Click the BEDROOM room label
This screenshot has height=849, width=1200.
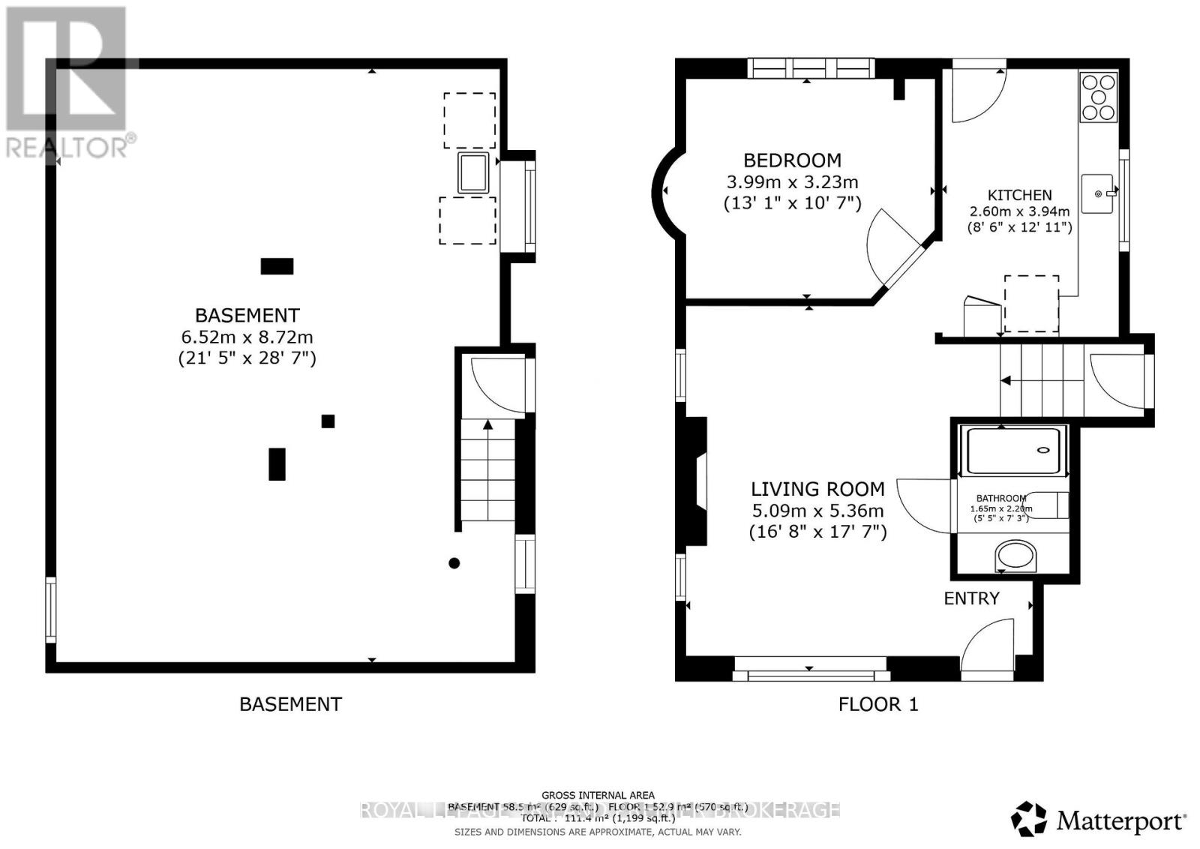tap(792, 160)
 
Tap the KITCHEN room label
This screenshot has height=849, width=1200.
tap(1019, 195)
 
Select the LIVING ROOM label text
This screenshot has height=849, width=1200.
tap(817, 489)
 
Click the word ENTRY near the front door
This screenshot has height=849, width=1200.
tap(971, 598)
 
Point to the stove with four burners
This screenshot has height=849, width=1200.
tap(1099, 97)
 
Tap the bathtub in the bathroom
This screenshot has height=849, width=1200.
tap(1012, 451)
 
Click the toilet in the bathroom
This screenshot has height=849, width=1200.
tap(1050, 505)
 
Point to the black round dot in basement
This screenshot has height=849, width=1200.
tap(454, 563)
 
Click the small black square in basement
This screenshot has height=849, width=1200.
tap(328, 421)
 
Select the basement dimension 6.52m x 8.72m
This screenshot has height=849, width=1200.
tap(247, 337)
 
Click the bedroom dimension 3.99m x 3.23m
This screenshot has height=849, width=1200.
tap(792, 181)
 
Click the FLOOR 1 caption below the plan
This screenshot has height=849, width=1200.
tap(877, 704)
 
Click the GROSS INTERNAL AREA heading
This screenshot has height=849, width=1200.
tap(598, 795)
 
